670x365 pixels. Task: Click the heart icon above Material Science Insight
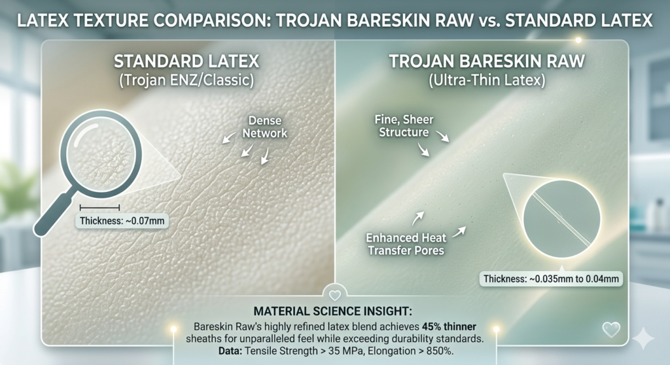[x=334, y=295]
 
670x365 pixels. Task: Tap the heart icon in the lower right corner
[x=610, y=329]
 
